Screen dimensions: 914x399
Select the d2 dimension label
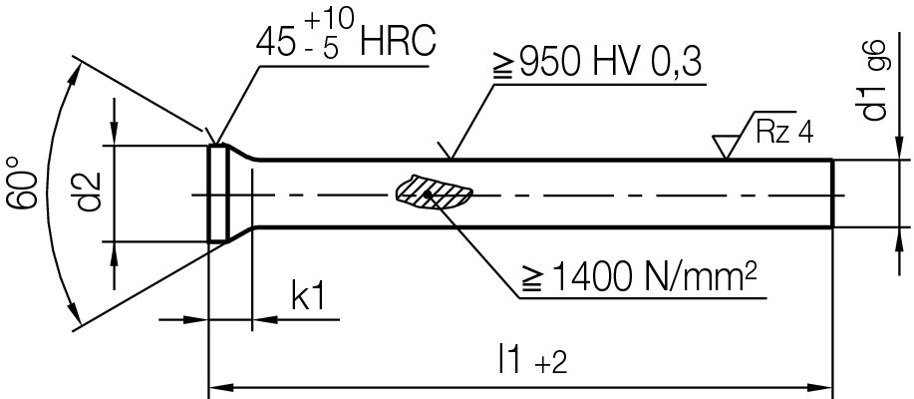click(91, 193)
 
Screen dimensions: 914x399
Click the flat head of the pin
click(218, 193)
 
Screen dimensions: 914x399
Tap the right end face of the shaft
click(831, 194)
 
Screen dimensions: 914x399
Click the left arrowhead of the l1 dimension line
click(216, 385)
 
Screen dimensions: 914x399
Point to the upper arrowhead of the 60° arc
click(75, 72)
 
